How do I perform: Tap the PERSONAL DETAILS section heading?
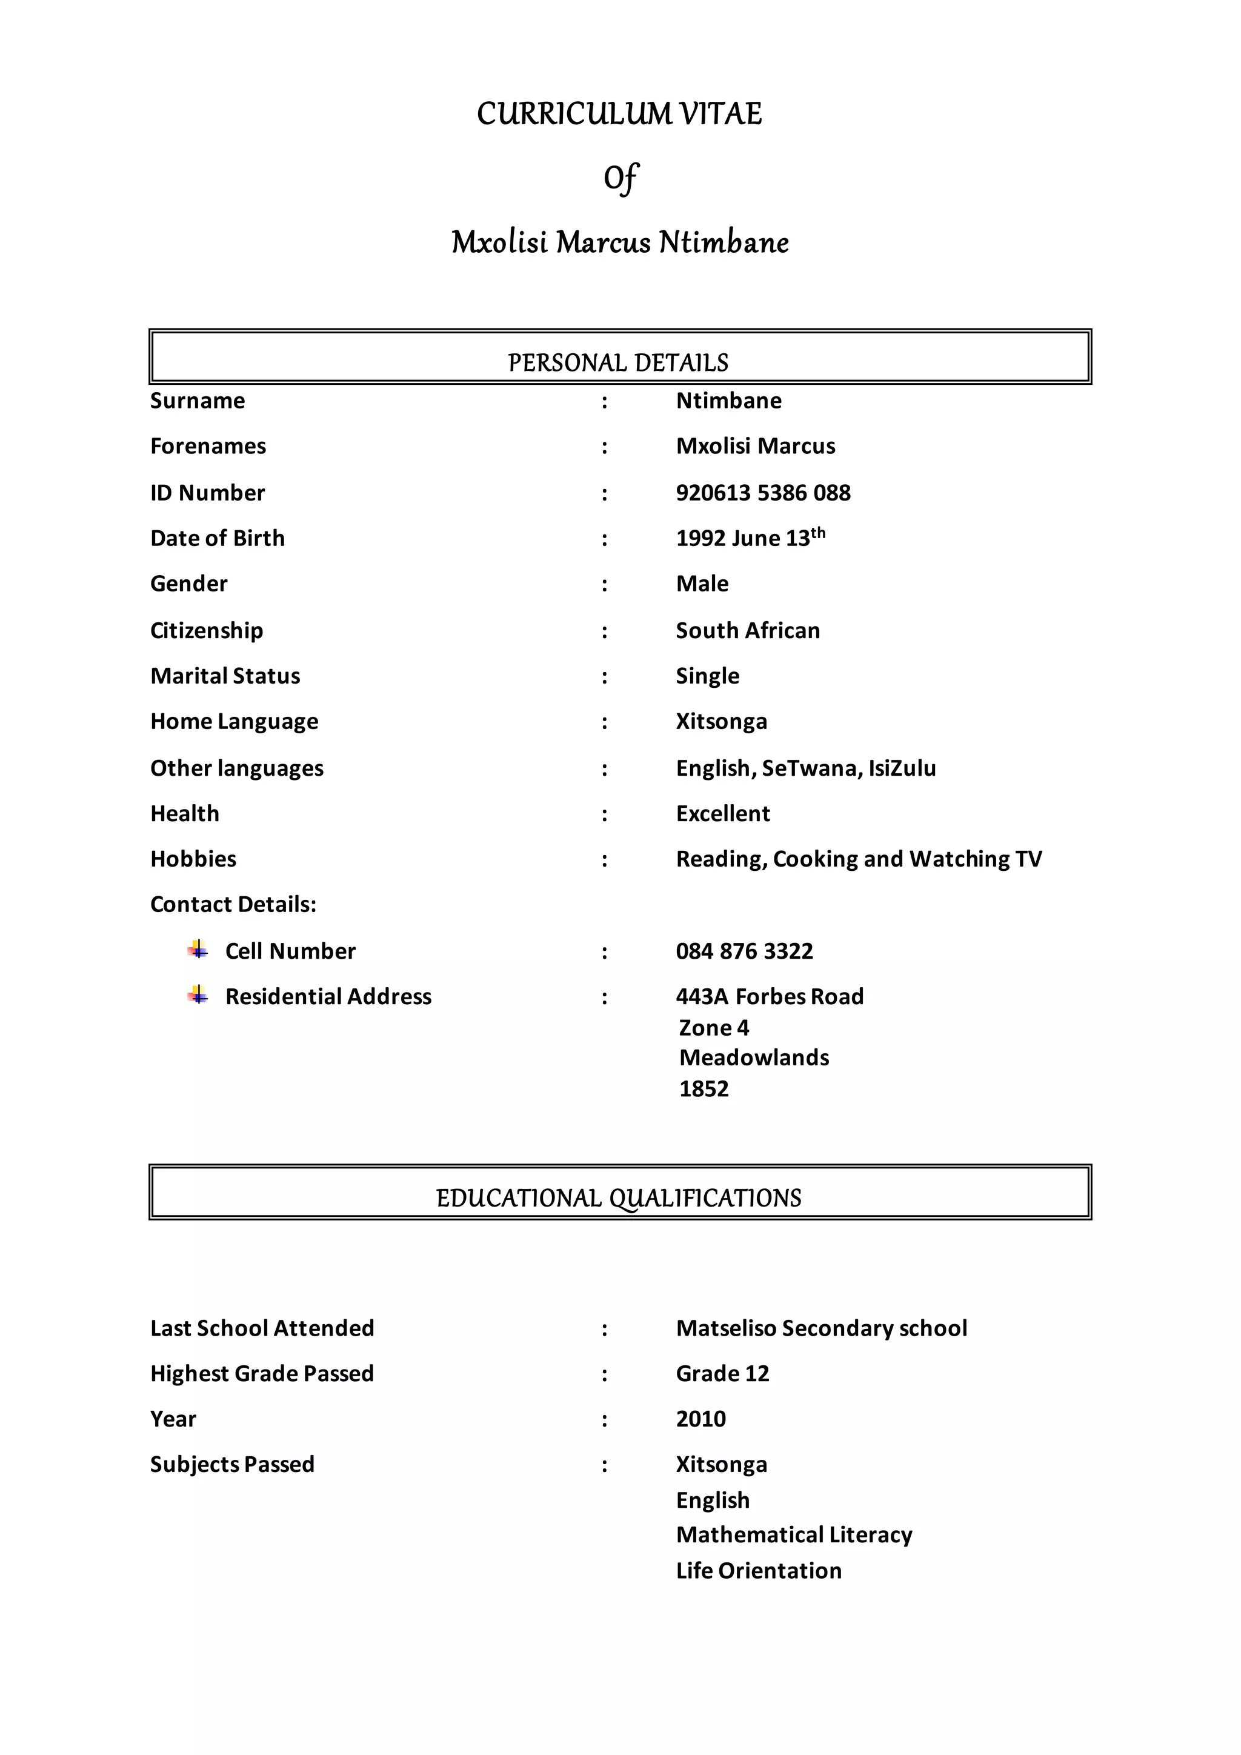tap(618, 362)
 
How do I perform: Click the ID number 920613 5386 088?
tap(763, 493)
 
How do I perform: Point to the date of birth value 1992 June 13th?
tap(750, 538)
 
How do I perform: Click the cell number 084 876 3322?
tap(744, 951)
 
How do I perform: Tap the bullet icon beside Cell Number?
tap(198, 950)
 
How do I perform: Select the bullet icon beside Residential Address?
tap(198, 995)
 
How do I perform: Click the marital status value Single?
tap(707, 676)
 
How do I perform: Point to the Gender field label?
tap(188, 584)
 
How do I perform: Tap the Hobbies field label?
tap(193, 859)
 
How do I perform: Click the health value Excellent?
tap(723, 813)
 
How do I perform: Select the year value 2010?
tap(700, 1419)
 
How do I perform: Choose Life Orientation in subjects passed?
tap(759, 1570)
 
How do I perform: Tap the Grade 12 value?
tap(722, 1374)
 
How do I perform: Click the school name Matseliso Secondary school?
tap(822, 1328)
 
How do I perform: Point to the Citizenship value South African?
tap(747, 631)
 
